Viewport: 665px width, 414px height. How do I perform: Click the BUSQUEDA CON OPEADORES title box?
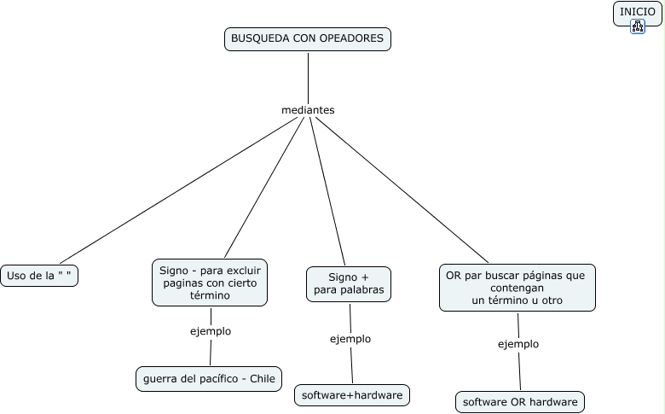[x=308, y=39]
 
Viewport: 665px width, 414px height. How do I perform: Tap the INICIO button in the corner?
[x=637, y=12]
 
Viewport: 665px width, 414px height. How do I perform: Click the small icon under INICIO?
[x=638, y=26]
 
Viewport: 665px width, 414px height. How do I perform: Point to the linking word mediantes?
[x=308, y=110]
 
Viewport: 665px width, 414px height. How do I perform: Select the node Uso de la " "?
[x=39, y=276]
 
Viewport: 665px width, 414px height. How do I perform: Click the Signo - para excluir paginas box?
[x=210, y=283]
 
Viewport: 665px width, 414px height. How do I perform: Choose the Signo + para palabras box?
[x=348, y=284]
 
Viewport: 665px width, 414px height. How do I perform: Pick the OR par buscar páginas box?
[x=517, y=288]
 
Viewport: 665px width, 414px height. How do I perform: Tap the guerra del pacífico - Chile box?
[x=209, y=379]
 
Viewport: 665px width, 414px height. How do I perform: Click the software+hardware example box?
[x=352, y=395]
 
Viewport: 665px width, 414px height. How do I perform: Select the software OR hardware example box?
[x=520, y=401]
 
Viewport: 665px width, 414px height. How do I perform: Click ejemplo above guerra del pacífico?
[x=210, y=331]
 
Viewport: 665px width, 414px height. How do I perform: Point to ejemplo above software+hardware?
[x=350, y=339]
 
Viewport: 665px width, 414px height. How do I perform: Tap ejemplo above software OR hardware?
[x=518, y=344]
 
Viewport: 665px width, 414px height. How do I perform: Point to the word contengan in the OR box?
[x=517, y=289]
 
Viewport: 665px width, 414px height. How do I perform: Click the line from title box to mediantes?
[x=308, y=77]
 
